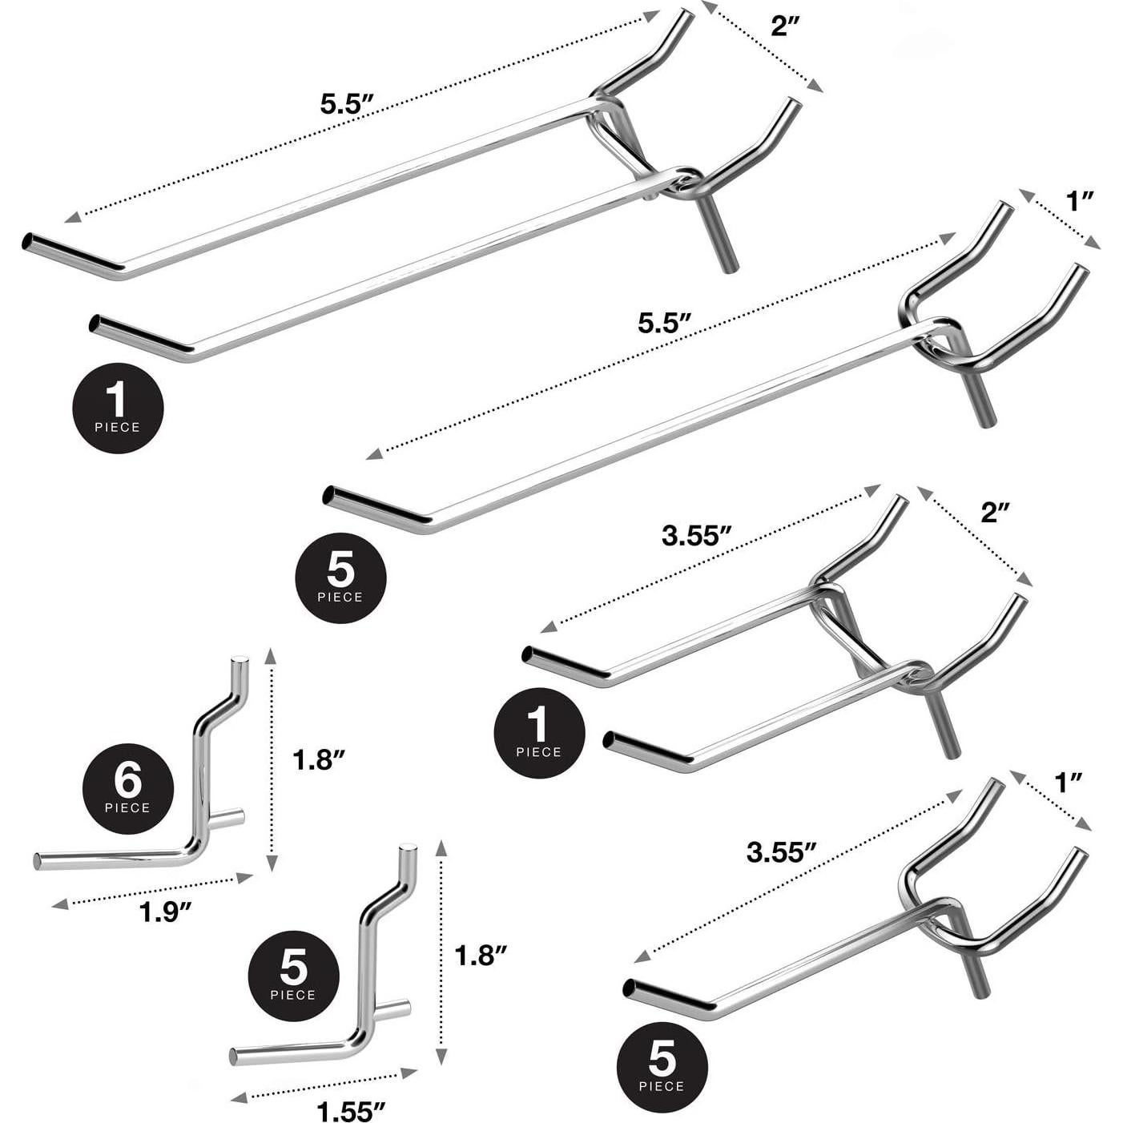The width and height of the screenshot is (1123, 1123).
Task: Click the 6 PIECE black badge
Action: click(128, 790)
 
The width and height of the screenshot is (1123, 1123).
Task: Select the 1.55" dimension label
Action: click(351, 1111)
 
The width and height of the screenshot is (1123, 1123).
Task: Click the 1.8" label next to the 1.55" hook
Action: click(481, 955)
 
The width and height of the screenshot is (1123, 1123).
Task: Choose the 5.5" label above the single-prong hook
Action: click(664, 324)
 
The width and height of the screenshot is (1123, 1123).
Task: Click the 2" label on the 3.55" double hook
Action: click(996, 512)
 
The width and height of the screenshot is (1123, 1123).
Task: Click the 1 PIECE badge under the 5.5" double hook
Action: click(118, 408)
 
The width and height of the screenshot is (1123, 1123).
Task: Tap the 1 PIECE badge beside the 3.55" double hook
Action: click(539, 732)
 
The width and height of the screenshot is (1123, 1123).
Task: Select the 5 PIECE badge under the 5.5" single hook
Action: click(340, 578)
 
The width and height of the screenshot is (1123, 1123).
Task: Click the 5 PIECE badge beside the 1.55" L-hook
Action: click(293, 976)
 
